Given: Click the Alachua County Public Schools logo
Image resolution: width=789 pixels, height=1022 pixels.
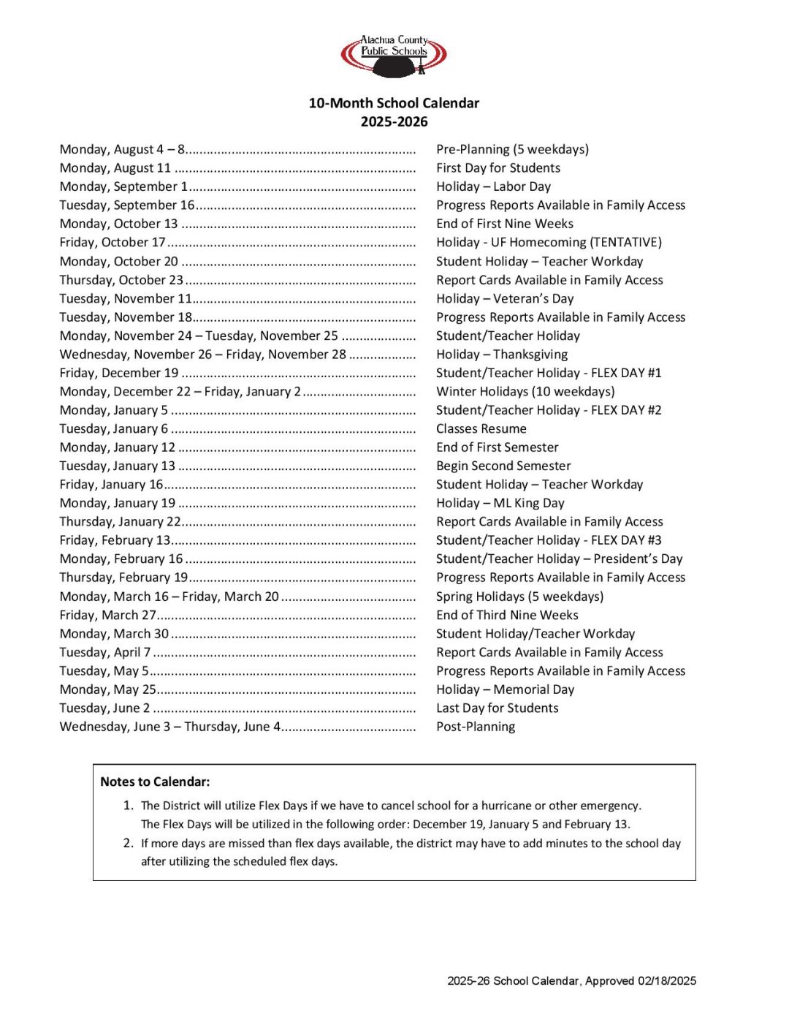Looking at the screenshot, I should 394,56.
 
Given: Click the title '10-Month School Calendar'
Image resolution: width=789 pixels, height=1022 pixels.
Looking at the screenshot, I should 394,103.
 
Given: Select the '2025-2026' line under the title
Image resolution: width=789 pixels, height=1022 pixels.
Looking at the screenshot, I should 394,122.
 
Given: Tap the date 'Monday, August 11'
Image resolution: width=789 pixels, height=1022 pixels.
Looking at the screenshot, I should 115,168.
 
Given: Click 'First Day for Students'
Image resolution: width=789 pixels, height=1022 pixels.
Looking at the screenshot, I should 498,168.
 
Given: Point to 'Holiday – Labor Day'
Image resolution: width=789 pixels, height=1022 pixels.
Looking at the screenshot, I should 493,186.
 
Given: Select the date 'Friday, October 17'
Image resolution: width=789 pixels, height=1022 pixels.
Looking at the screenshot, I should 113,242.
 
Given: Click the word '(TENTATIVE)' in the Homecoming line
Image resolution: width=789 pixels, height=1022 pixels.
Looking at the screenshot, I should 625,242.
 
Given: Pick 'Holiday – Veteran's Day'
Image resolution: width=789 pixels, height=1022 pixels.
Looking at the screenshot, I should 505,298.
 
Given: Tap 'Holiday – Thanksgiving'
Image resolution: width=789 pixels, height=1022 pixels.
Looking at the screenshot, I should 502,355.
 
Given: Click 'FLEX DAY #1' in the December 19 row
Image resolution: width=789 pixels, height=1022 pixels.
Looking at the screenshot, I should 626,373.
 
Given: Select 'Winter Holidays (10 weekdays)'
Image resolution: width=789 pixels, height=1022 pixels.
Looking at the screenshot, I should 525,392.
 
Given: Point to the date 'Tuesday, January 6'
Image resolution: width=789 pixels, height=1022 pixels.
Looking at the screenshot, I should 114,429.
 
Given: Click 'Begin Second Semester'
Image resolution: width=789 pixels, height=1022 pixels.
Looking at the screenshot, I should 503,466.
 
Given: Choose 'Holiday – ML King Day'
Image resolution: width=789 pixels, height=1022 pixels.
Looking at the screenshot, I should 500,503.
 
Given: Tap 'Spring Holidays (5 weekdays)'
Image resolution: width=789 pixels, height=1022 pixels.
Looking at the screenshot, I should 519,597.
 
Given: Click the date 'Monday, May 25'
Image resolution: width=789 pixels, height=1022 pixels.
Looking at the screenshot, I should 108,689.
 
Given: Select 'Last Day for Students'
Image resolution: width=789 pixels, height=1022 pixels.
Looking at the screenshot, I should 497,708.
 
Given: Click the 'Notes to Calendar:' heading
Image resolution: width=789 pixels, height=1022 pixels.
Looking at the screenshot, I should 155,781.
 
